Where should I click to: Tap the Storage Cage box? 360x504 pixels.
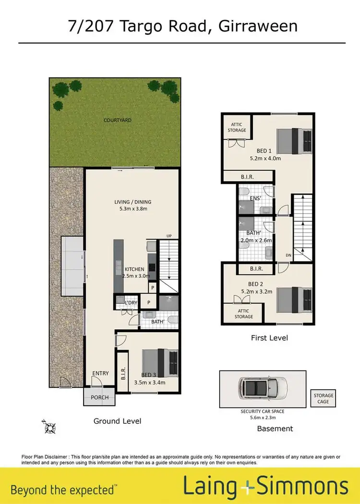323,398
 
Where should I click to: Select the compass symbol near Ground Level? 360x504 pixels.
49,424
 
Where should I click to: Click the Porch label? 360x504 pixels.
100,397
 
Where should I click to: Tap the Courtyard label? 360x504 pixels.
118,120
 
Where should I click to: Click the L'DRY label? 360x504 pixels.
131,303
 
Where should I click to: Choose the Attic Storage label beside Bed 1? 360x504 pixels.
237,127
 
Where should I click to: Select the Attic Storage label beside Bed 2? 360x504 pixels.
244,314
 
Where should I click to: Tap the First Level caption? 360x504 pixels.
269,338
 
